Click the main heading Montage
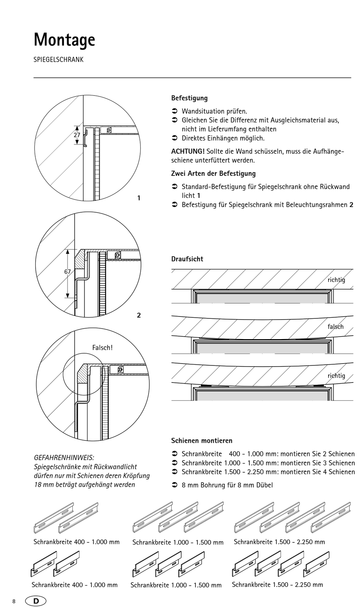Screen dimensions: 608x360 [x=64, y=39]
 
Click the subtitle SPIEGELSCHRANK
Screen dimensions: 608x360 [x=58, y=60]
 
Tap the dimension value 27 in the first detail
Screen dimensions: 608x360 [x=77, y=135]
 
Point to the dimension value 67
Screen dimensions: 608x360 [x=67, y=272]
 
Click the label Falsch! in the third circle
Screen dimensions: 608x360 [x=102, y=348]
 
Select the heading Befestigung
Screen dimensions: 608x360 [x=189, y=98]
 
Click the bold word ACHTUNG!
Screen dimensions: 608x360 [x=188, y=152]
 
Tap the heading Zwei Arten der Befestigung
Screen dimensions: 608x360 [x=213, y=174]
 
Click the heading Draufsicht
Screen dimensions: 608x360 [x=187, y=259]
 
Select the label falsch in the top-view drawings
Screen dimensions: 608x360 [x=335, y=327]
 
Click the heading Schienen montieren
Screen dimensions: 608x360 [x=202, y=441]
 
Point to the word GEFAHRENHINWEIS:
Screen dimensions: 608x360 [x=64, y=458]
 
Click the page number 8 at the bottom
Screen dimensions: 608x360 [x=14, y=602]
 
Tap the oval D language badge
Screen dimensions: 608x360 [x=36, y=601]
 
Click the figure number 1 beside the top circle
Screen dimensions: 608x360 [x=139, y=198]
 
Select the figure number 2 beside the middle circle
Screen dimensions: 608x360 [x=139, y=315]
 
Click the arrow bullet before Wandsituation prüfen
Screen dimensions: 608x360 [x=175, y=111]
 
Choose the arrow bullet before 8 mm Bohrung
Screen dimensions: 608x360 [x=175, y=485]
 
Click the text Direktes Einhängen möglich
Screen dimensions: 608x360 [x=223, y=138]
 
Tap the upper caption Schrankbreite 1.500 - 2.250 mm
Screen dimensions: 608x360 [x=279, y=542]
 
